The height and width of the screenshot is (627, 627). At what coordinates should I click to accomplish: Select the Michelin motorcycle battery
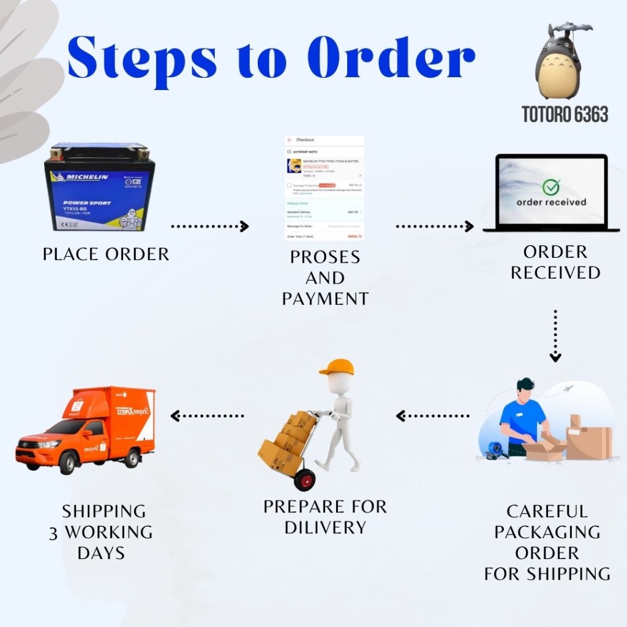click(99, 187)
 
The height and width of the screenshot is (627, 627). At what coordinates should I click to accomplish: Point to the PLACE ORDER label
click(106, 254)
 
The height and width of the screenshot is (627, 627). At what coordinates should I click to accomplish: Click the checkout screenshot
click(325, 187)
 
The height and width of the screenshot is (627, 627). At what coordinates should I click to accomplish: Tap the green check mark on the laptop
click(551, 187)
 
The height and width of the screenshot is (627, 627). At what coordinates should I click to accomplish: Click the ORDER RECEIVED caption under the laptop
click(555, 262)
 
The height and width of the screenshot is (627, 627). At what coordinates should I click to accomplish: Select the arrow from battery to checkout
click(210, 227)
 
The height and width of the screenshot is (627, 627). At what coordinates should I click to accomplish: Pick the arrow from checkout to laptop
click(435, 227)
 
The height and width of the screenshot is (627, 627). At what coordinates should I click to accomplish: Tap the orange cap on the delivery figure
click(337, 367)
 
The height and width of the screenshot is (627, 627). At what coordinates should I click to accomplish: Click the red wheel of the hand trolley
click(304, 479)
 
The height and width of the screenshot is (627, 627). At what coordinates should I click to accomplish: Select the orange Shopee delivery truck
click(86, 429)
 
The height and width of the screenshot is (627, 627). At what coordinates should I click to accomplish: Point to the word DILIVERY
click(325, 527)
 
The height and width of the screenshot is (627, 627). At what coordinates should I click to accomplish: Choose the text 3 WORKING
click(101, 532)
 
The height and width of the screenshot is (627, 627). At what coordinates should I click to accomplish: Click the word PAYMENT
click(325, 299)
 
